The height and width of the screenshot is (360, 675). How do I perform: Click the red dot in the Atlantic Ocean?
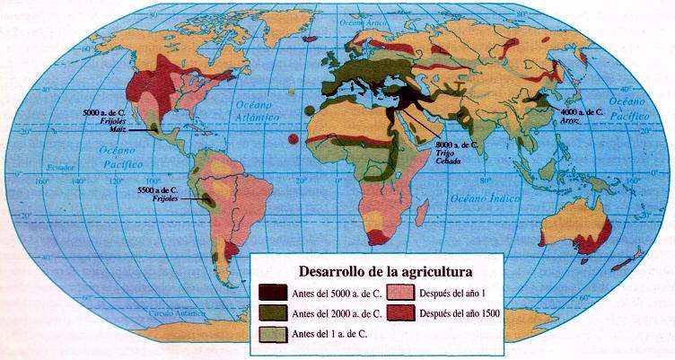click(x=294, y=138)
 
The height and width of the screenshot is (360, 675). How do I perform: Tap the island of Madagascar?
click(x=419, y=214)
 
